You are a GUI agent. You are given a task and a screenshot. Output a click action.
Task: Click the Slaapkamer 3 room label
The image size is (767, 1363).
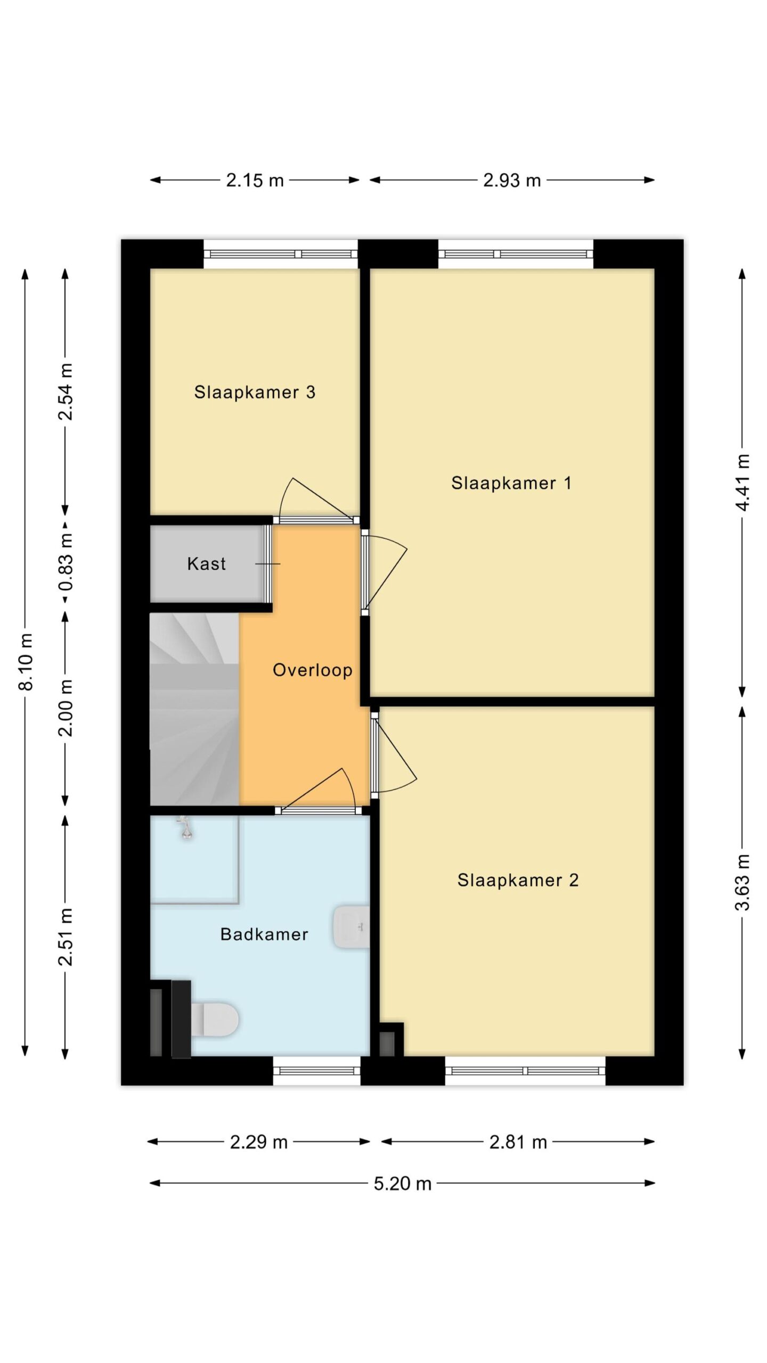tap(255, 392)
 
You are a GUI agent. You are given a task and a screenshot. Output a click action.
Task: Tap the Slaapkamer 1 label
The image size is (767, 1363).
tap(511, 483)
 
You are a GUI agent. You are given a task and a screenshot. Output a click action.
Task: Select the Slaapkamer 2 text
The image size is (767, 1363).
tap(518, 880)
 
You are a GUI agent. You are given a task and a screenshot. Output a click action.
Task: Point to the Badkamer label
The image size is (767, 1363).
tap(264, 934)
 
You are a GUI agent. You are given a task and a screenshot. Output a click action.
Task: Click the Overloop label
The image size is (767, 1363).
tap(313, 670)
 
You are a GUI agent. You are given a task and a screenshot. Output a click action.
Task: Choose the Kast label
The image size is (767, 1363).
tap(207, 563)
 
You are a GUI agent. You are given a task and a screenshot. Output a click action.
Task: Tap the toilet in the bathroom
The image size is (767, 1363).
tap(214, 1020)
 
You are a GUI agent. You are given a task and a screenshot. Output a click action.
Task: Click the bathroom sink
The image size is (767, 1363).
tap(352, 927)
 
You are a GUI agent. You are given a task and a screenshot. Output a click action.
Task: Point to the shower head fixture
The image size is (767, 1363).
tap(185, 828)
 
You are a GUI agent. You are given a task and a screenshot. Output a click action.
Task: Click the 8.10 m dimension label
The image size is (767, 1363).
tap(26, 662)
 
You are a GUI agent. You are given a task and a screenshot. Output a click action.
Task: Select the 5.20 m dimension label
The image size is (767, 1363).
tap(402, 1184)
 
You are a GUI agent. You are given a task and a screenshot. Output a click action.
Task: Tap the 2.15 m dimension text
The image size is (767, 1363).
tap(255, 180)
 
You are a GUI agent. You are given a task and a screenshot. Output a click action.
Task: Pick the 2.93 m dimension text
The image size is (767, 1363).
tap(512, 180)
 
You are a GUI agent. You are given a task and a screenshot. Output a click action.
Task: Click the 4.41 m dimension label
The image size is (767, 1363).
tap(742, 482)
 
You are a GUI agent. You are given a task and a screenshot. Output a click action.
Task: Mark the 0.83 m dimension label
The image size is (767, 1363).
tap(66, 562)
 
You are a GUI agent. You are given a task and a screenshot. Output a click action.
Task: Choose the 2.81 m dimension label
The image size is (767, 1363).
tap(518, 1142)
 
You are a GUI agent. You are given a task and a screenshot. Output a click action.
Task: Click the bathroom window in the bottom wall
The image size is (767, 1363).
tap(317, 1071)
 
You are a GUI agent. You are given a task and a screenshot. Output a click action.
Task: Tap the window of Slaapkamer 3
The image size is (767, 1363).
tap(281, 254)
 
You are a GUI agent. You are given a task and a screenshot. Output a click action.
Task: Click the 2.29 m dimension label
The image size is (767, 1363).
tap(258, 1142)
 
